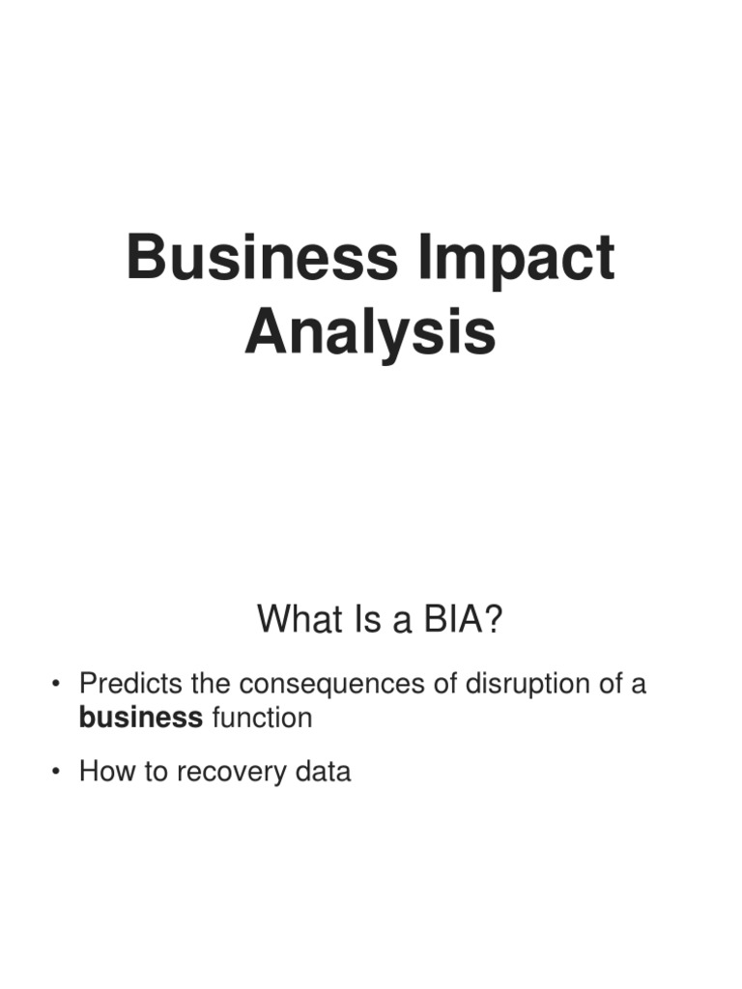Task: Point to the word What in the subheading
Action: click(x=296, y=620)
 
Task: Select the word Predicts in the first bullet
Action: click(x=126, y=684)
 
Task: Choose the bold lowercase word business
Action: click(x=141, y=719)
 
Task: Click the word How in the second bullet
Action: click(x=103, y=772)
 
